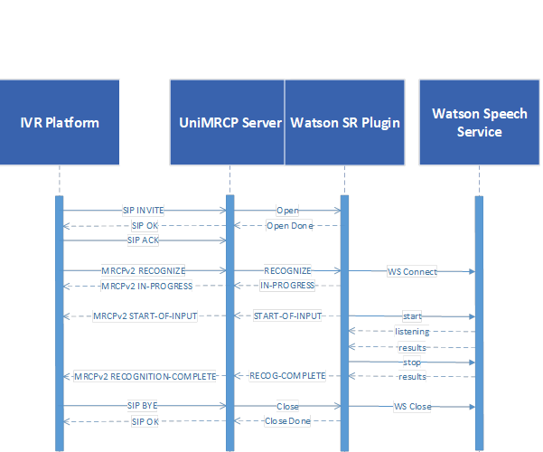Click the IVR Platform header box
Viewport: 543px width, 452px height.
tap(60, 122)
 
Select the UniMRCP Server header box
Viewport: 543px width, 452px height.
tap(227, 122)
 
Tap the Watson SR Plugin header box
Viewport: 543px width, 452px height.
tap(344, 122)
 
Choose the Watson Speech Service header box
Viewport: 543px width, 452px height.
tap(480, 122)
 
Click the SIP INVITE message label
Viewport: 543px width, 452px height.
tap(144, 211)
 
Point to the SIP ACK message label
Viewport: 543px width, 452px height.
tap(143, 240)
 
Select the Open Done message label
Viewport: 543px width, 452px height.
tap(289, 226)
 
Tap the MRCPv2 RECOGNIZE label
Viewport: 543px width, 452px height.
tap(143, 270)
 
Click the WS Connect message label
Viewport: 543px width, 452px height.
tap(412, 272)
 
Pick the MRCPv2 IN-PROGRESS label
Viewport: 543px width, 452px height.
tap(147, 286)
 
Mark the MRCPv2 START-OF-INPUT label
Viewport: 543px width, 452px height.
tap(145, 316)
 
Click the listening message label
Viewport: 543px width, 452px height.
tap(412, 332)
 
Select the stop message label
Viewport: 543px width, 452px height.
tap(412, 363)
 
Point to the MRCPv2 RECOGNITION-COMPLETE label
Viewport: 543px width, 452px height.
tap(145, 376)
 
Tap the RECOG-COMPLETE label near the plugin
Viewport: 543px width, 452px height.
tap(287, 376)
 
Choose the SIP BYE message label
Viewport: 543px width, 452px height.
tap(143, 406)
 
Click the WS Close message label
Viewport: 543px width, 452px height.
tap(412, 406)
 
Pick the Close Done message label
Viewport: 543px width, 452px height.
tap(287, 420)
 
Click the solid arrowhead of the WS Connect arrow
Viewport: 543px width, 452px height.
tap(472, 272)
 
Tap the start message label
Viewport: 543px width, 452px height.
tap(412, 316)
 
